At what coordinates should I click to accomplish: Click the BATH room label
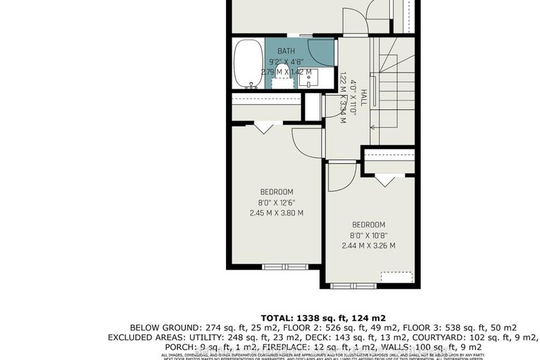click(x=286, y=51)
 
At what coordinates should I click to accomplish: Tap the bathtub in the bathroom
click(x=246, y=63)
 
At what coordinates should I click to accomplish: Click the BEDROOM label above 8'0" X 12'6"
click(x=277, y=192)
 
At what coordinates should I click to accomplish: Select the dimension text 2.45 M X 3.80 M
click(x=277, y=212)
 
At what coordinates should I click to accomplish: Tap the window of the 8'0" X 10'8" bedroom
click(x=349, y=285)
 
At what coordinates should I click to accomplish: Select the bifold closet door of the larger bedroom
click(x=264, y=128)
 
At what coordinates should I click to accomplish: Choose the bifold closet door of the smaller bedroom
click(x=384, y=180)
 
